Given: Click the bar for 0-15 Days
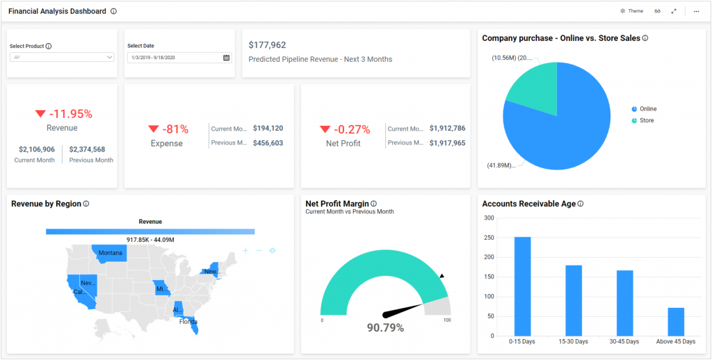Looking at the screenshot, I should (522, 286).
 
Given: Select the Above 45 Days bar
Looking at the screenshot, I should (676, 322).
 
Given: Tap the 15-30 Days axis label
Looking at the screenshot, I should (573, 341).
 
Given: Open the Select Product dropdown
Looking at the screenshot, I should (62, 57).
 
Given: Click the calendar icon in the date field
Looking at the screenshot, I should (226, 58).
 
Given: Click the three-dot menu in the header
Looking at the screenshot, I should (696, 11).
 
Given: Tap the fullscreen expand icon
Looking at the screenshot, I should (674, 11).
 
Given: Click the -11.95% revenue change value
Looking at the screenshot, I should (69, 114).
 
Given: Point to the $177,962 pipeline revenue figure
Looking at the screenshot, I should (267, 45).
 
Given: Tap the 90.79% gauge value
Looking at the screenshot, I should (385, 327).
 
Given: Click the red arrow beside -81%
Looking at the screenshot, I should (154, 129).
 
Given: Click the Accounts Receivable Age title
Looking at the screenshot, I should (528, 204).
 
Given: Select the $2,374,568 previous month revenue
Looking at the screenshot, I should (87, 149).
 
